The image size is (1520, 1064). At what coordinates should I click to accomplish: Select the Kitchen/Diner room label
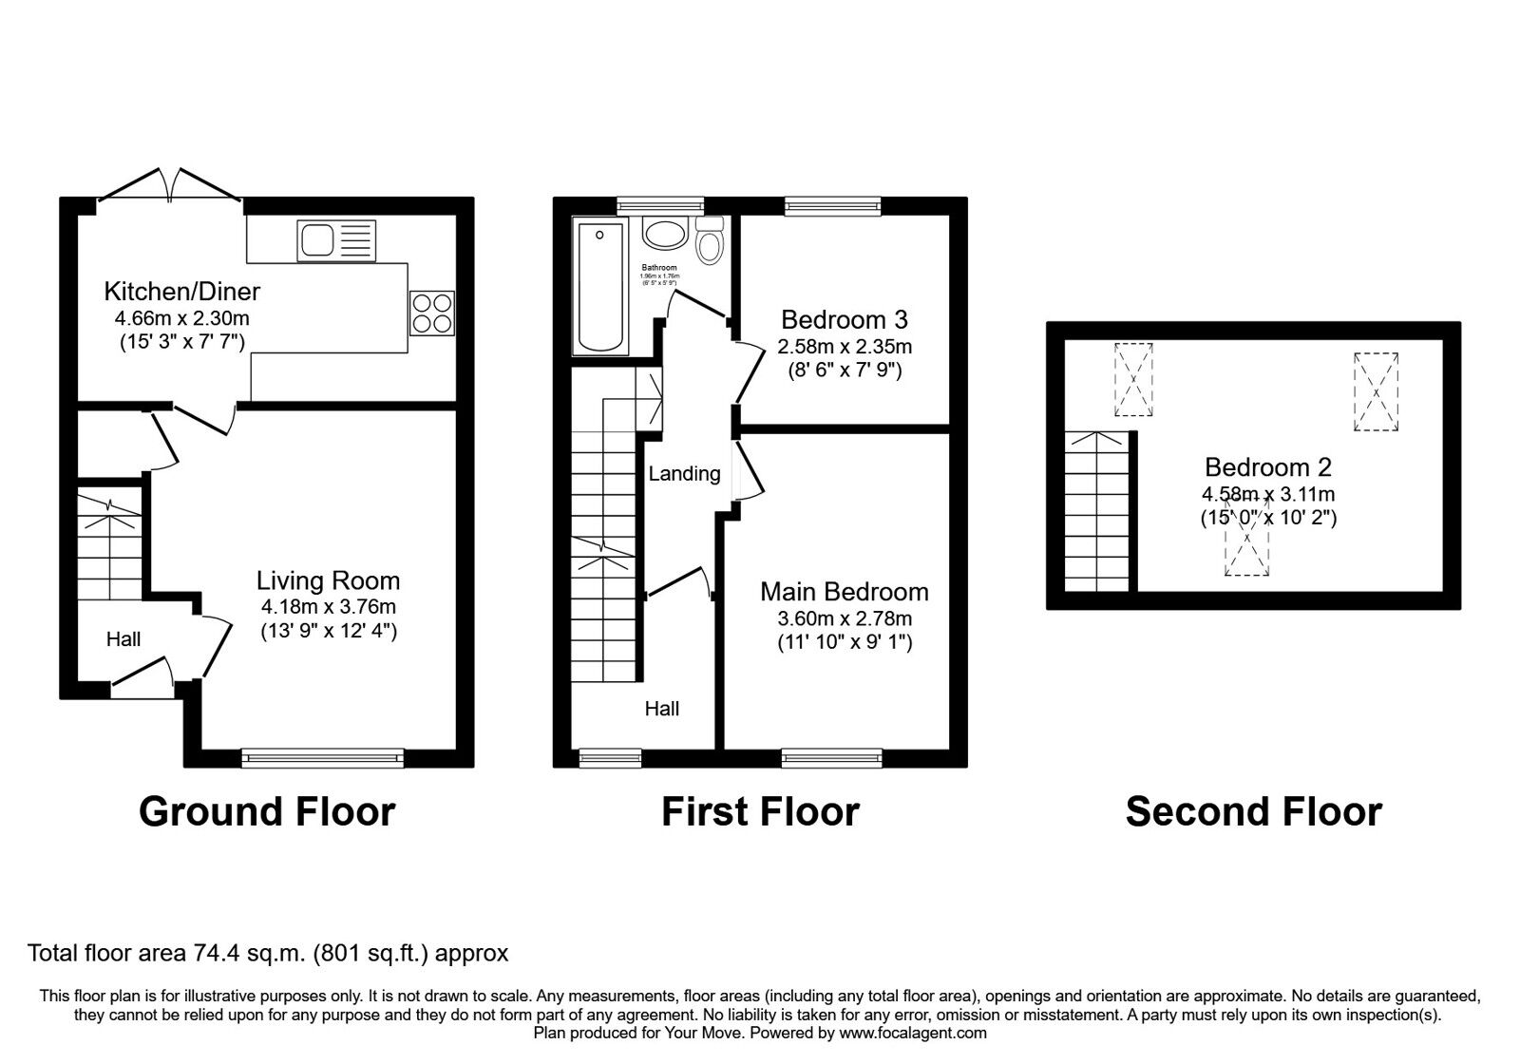[181, 291]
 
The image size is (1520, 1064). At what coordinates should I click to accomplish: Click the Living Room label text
[328, 580]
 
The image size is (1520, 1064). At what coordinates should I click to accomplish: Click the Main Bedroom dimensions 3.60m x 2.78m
[844, 618]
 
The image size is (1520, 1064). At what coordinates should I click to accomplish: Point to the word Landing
[684, 473]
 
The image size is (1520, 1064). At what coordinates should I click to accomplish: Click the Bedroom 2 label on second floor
[1267, 467]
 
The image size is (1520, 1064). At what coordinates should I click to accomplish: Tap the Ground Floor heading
[267, 812]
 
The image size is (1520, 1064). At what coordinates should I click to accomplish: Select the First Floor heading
[759, 812]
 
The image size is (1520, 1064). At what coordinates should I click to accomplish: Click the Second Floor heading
[1253, 812]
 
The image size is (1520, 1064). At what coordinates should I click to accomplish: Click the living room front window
[322, 757]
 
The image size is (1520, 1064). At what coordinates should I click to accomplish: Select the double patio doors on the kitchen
[169, 186]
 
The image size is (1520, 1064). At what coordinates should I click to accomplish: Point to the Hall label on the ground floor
[123, 639]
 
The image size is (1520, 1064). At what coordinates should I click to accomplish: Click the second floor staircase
[1099, 513]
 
